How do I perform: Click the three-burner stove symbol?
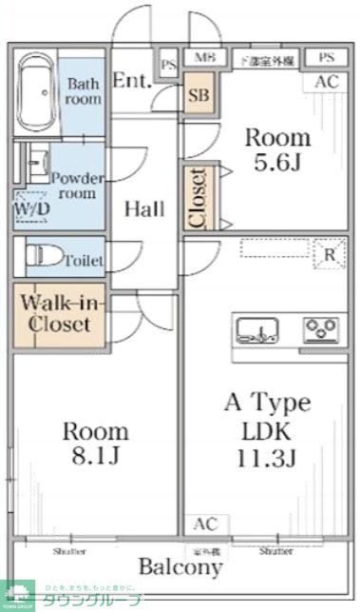tap(323, 330)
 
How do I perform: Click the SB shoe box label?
tap(199, 95)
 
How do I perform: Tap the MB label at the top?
tap(203, 59)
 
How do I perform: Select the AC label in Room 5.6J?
tap(326, 82)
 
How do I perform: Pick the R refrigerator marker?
tap(328, 254)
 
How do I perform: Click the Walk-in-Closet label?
tap(57, 313)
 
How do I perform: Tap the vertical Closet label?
tap(198, 198)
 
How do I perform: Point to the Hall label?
tap(143, 208)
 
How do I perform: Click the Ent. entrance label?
tap(132, 81)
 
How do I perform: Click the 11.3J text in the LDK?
tap(267, 459)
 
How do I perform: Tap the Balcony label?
tap(180, 568)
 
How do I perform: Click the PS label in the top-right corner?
tap(327, 58)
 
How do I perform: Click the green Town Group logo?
tap(17, 596)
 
